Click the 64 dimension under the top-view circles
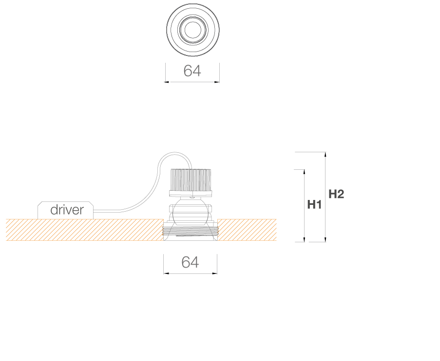tap(192, 71)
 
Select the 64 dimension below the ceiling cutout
tap(190, 262)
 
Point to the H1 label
tap(314, 205)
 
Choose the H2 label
tap(336, 194)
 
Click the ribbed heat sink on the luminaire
tap(190, 181)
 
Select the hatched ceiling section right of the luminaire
tap(247, 230)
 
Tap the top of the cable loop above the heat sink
tap(174, 154)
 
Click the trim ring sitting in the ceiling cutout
tap(190, 232)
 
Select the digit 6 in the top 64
tap(188, 71)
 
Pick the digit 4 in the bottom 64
tap(195, 262)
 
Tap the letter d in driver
tap(54, 210)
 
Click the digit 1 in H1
tap(319, 205)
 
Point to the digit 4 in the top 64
tap(196, 71)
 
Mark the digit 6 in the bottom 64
tap(185, 262)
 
